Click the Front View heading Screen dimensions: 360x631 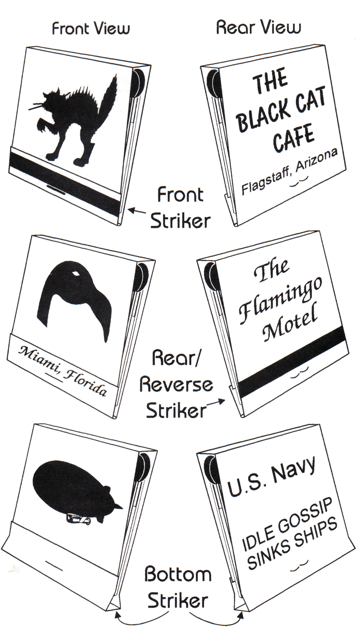[x=91, y=28]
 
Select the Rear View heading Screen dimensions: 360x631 [x=258, y=28]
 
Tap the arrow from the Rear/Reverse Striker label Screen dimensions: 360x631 [x=216, y=402]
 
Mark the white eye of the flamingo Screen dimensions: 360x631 [x=76, y=273]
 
